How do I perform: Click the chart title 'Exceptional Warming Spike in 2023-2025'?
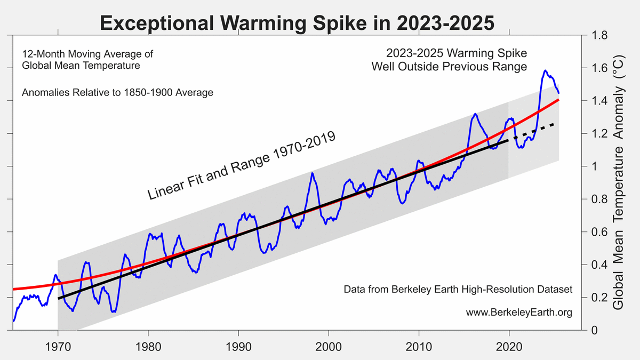click(297, 23)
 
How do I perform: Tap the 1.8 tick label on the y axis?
click(597, 36)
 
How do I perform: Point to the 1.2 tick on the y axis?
click(597, 134)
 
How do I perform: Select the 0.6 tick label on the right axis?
click(597, 232)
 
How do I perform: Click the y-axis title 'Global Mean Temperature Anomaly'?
click(619, 181)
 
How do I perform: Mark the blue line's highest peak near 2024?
click(545, 70)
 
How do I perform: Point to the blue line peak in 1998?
click(313, 173)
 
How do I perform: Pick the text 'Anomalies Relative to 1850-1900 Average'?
click(117, 93)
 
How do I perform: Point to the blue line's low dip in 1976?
click(113, 311)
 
